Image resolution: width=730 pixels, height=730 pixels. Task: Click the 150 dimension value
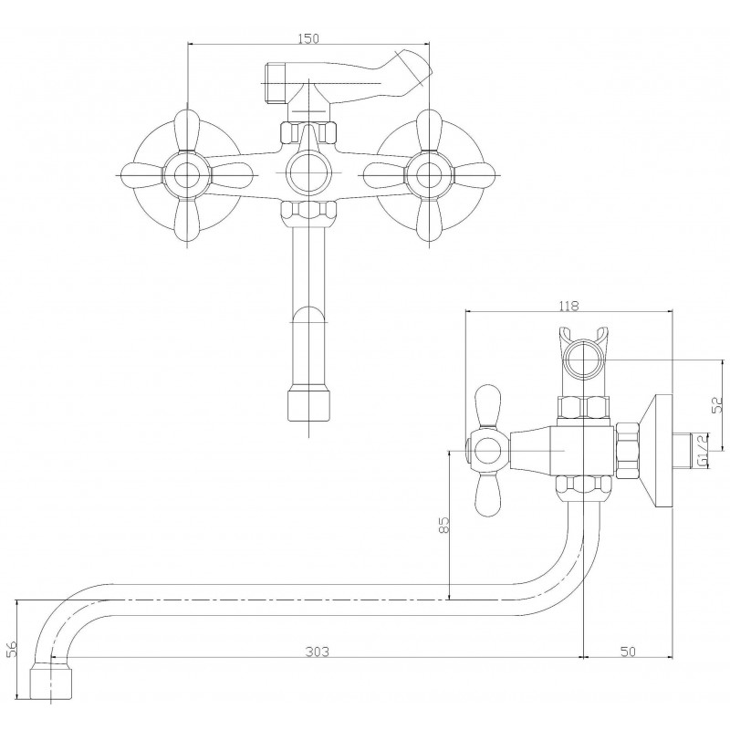(308, 38)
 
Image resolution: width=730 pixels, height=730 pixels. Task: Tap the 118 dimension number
(568, 306)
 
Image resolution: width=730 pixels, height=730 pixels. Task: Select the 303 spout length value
(317, 652)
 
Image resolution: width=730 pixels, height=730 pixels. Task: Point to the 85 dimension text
(444, 525)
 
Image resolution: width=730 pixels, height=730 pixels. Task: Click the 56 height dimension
(12, 648)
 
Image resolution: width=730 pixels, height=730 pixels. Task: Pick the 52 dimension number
(717, 404)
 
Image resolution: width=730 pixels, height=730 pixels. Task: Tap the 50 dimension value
(628, 652)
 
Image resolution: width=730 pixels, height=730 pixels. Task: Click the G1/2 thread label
(703, 450)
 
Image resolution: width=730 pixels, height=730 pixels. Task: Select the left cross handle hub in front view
(187, 175)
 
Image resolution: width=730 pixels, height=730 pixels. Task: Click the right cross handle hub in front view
(429, 175)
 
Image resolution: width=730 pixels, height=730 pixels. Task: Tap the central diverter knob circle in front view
(308, 172)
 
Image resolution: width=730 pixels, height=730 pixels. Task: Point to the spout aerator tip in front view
(308, 404)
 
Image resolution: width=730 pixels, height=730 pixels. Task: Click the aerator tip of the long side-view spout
(52, 683)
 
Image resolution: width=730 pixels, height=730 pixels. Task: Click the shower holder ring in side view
(584, 360)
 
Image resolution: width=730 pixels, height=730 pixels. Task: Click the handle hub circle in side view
(488, 451)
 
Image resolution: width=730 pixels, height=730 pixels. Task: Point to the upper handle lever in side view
(488, 405)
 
